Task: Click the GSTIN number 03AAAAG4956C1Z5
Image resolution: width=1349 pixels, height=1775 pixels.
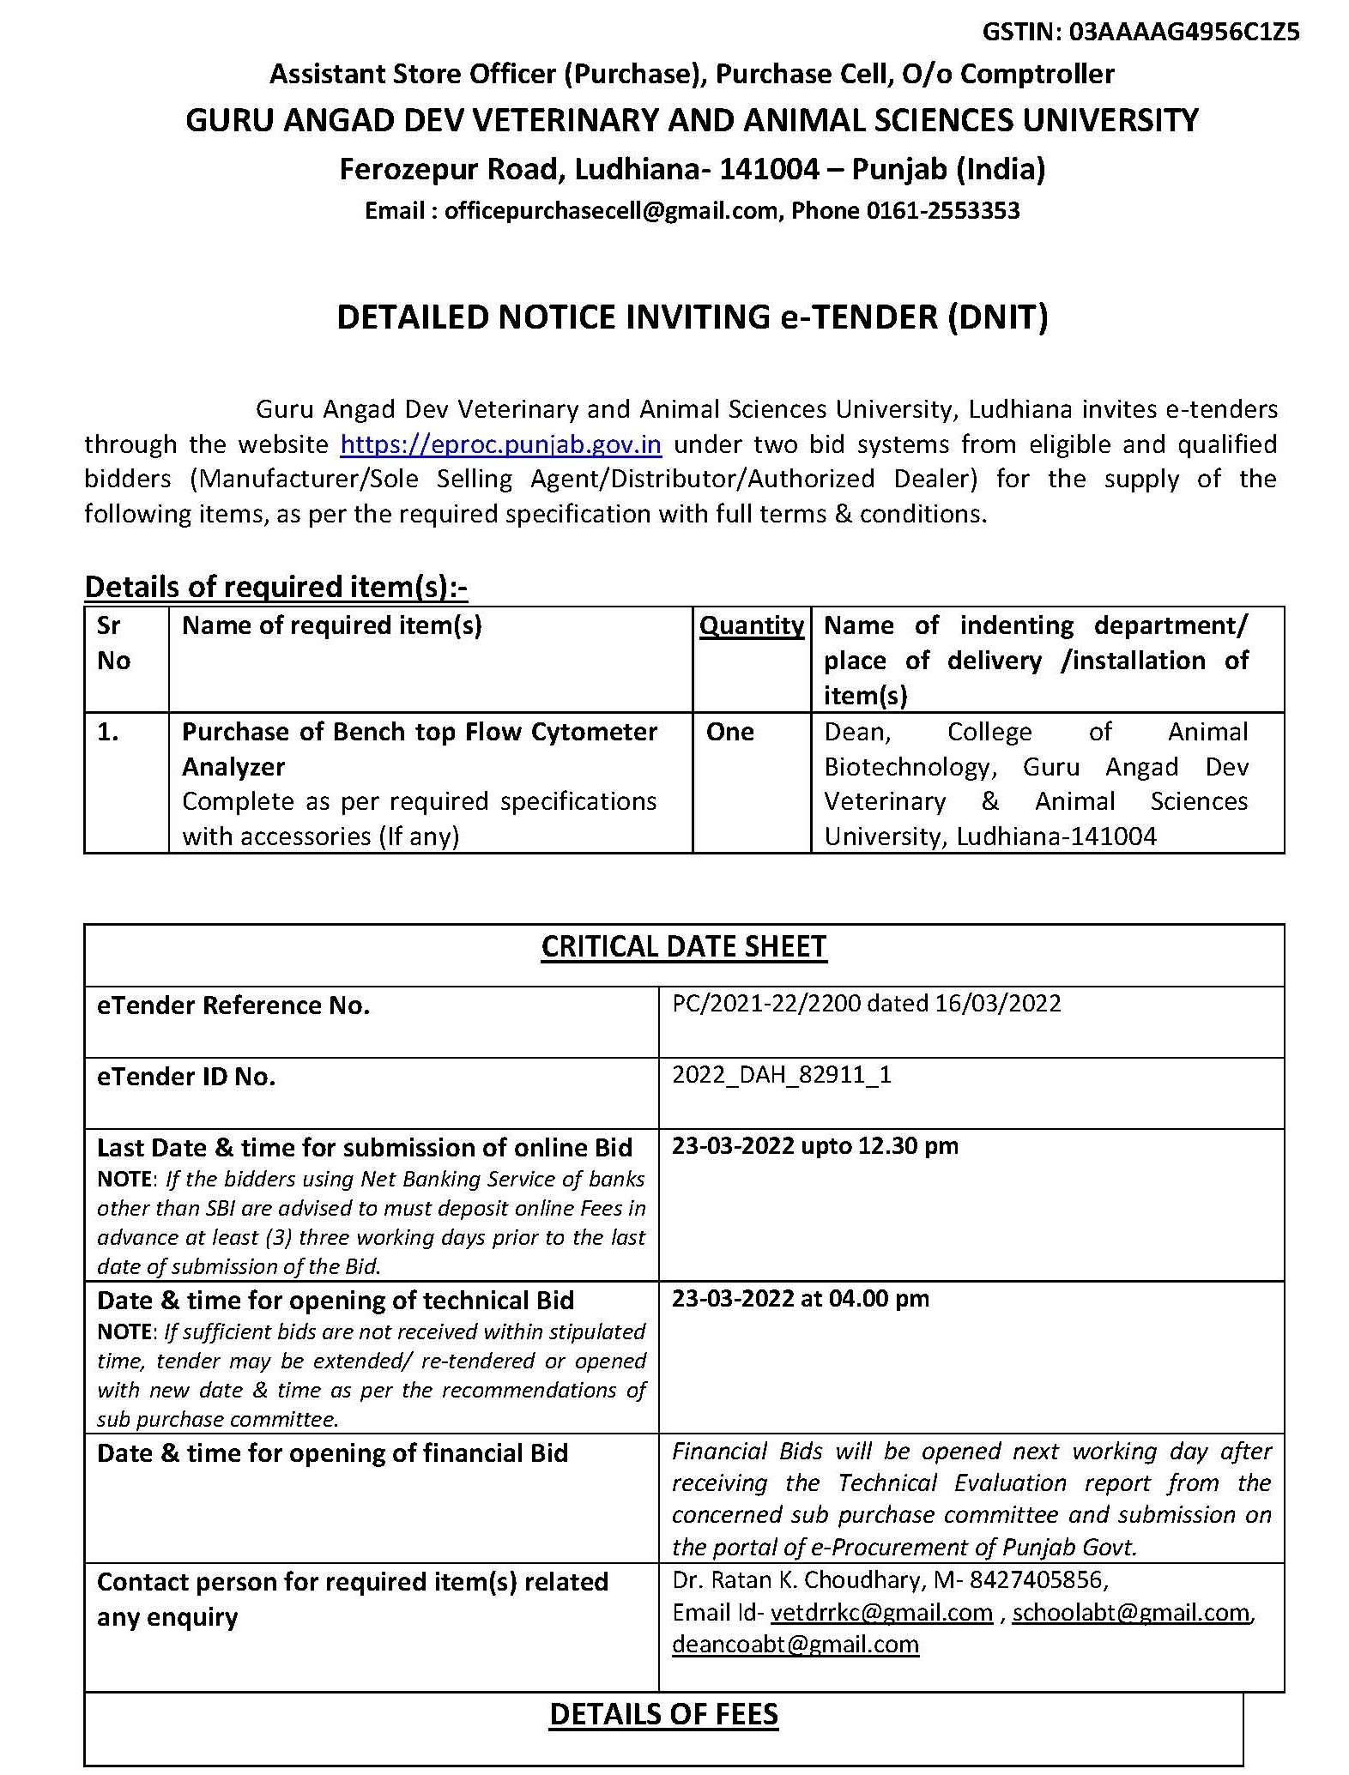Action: pyautogui.click(x=1184, y=33)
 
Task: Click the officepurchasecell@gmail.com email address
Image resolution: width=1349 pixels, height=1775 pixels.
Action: pyautogui.click(x=610, y=211)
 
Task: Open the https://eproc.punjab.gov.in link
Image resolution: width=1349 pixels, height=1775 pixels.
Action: pyautogui.click(x=500, y=444)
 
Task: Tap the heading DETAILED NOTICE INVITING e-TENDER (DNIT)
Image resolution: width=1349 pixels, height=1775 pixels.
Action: pyautogui.click(x=692, y=317)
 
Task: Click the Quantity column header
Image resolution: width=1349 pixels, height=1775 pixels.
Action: pyautogui.click(x=752, y=625)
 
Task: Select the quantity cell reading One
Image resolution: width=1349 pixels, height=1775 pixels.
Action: pyautogui.click(x=729, y=732)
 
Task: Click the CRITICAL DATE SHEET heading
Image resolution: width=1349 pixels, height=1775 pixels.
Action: pyautogui.click(x=683, y=946)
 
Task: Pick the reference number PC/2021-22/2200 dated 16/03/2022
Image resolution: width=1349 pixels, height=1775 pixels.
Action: pyautogui.click(x=866, y=1004)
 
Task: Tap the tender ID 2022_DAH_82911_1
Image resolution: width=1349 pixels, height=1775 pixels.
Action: pyautogui.click(x=781, y=1075)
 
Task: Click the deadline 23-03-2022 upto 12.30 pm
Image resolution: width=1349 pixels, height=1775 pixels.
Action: pyautogui.click(x=814, y=1146)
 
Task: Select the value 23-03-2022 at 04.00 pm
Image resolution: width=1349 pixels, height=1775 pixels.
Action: pyautogui.click(x=800, y=1299)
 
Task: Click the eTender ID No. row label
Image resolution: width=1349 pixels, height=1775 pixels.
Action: pyautogui.click(x=186, y=1077)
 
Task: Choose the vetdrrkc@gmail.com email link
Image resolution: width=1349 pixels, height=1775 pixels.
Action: pyautogui.click(x=881, y=1613)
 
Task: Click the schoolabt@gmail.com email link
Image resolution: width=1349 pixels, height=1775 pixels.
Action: pyautogui.click(x=1131, y=1613)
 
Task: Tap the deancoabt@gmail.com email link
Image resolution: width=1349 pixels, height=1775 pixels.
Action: pyautogui.click(x=795, y=1645)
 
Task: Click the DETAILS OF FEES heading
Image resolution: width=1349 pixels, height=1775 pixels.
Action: pyautogui.click(x=663, y=1714)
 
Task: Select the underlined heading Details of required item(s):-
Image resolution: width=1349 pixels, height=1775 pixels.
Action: pyautogui.click(x=275, y=587)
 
